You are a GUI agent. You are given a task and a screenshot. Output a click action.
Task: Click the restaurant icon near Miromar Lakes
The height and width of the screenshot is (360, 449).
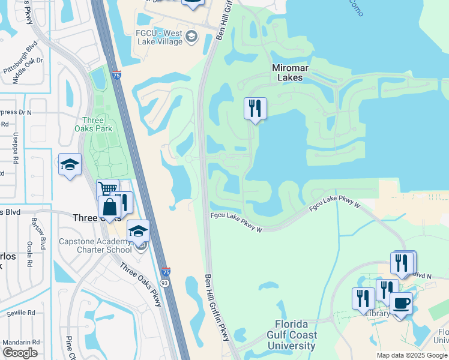[x=255, y=109]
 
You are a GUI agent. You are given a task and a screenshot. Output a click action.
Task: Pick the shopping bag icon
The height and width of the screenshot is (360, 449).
[x=110, y=208]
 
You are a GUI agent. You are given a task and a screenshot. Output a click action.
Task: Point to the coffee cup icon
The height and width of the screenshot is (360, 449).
[x=400, y=302]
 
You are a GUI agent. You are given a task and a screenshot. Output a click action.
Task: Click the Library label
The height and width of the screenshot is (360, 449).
[x=378, y=314]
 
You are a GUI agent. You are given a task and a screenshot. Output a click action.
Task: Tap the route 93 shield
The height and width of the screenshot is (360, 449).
[x=164, y=281]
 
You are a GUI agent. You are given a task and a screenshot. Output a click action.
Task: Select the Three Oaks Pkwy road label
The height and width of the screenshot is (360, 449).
[x=140, y=284]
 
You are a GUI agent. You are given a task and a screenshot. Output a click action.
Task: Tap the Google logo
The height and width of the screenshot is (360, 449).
[x=20, y=352]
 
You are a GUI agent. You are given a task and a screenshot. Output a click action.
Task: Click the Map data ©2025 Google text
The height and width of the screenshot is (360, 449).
[x=412, y=355]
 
